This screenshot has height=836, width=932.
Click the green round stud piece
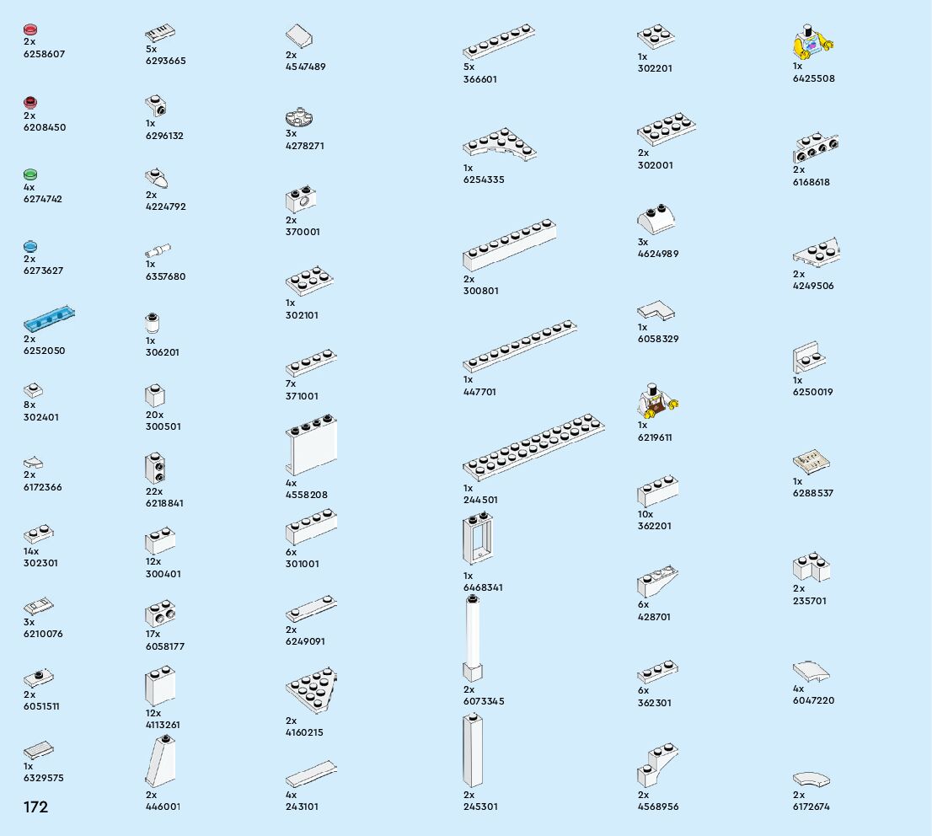(30, 174)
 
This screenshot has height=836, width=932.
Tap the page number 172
(35, 807)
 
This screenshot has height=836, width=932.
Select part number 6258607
(44, 54)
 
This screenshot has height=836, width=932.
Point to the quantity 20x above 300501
(154, 415)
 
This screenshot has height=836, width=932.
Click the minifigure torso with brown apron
(657, 401)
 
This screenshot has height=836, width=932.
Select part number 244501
(480, 500)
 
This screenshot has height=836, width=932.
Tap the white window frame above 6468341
(477, 539)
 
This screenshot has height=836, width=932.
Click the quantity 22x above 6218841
(154, 491)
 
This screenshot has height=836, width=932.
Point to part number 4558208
(307, 495)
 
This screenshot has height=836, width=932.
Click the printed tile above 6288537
(811, 462)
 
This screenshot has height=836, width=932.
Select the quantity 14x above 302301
(31, 551)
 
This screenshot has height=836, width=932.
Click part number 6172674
(811, 807)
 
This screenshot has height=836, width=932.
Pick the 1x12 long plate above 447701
(519, 345)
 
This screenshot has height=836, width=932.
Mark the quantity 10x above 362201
(645, 514)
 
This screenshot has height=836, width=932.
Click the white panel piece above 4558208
(311, 446)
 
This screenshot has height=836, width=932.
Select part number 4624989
(657, 254)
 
